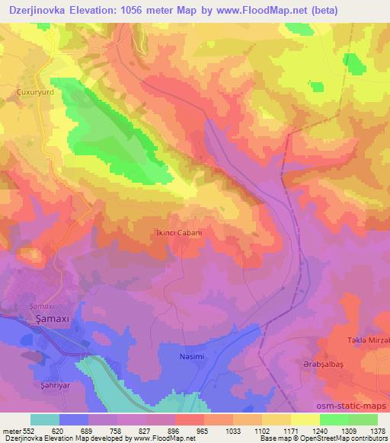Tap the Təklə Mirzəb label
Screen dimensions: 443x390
point(367,339)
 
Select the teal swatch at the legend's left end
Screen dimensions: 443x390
point(45,419)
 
